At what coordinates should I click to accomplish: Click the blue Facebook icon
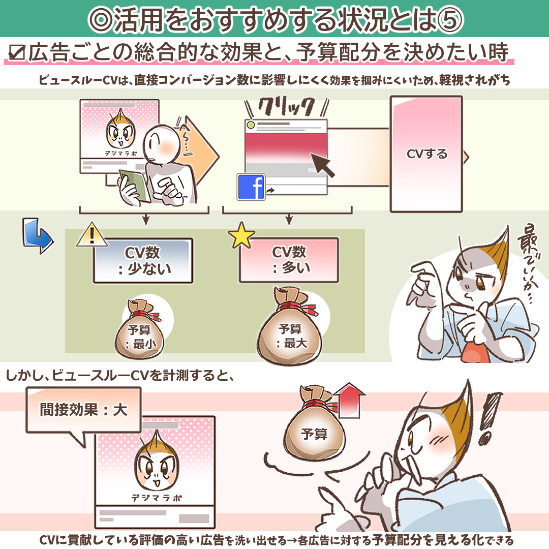[x=251, y=187]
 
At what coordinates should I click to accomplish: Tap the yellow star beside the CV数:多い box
[x=241, y=235]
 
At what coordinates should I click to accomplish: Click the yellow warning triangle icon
[x=91, y=234]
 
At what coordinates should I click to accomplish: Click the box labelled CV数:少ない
[x=143, y=260]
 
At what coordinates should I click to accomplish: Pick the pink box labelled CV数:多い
[x=289, y=260]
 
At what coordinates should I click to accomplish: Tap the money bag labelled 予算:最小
[x=140, y=329]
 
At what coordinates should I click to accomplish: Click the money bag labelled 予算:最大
[x=290, y=325]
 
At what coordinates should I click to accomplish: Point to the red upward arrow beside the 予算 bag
[x=349, y=400]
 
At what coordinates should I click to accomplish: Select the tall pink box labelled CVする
[x=426, y=154]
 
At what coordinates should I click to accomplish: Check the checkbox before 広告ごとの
[x=17, y=52]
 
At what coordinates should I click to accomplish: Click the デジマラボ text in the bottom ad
[x=156, y=498]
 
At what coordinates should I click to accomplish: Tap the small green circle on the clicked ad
[x=250, y=125]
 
